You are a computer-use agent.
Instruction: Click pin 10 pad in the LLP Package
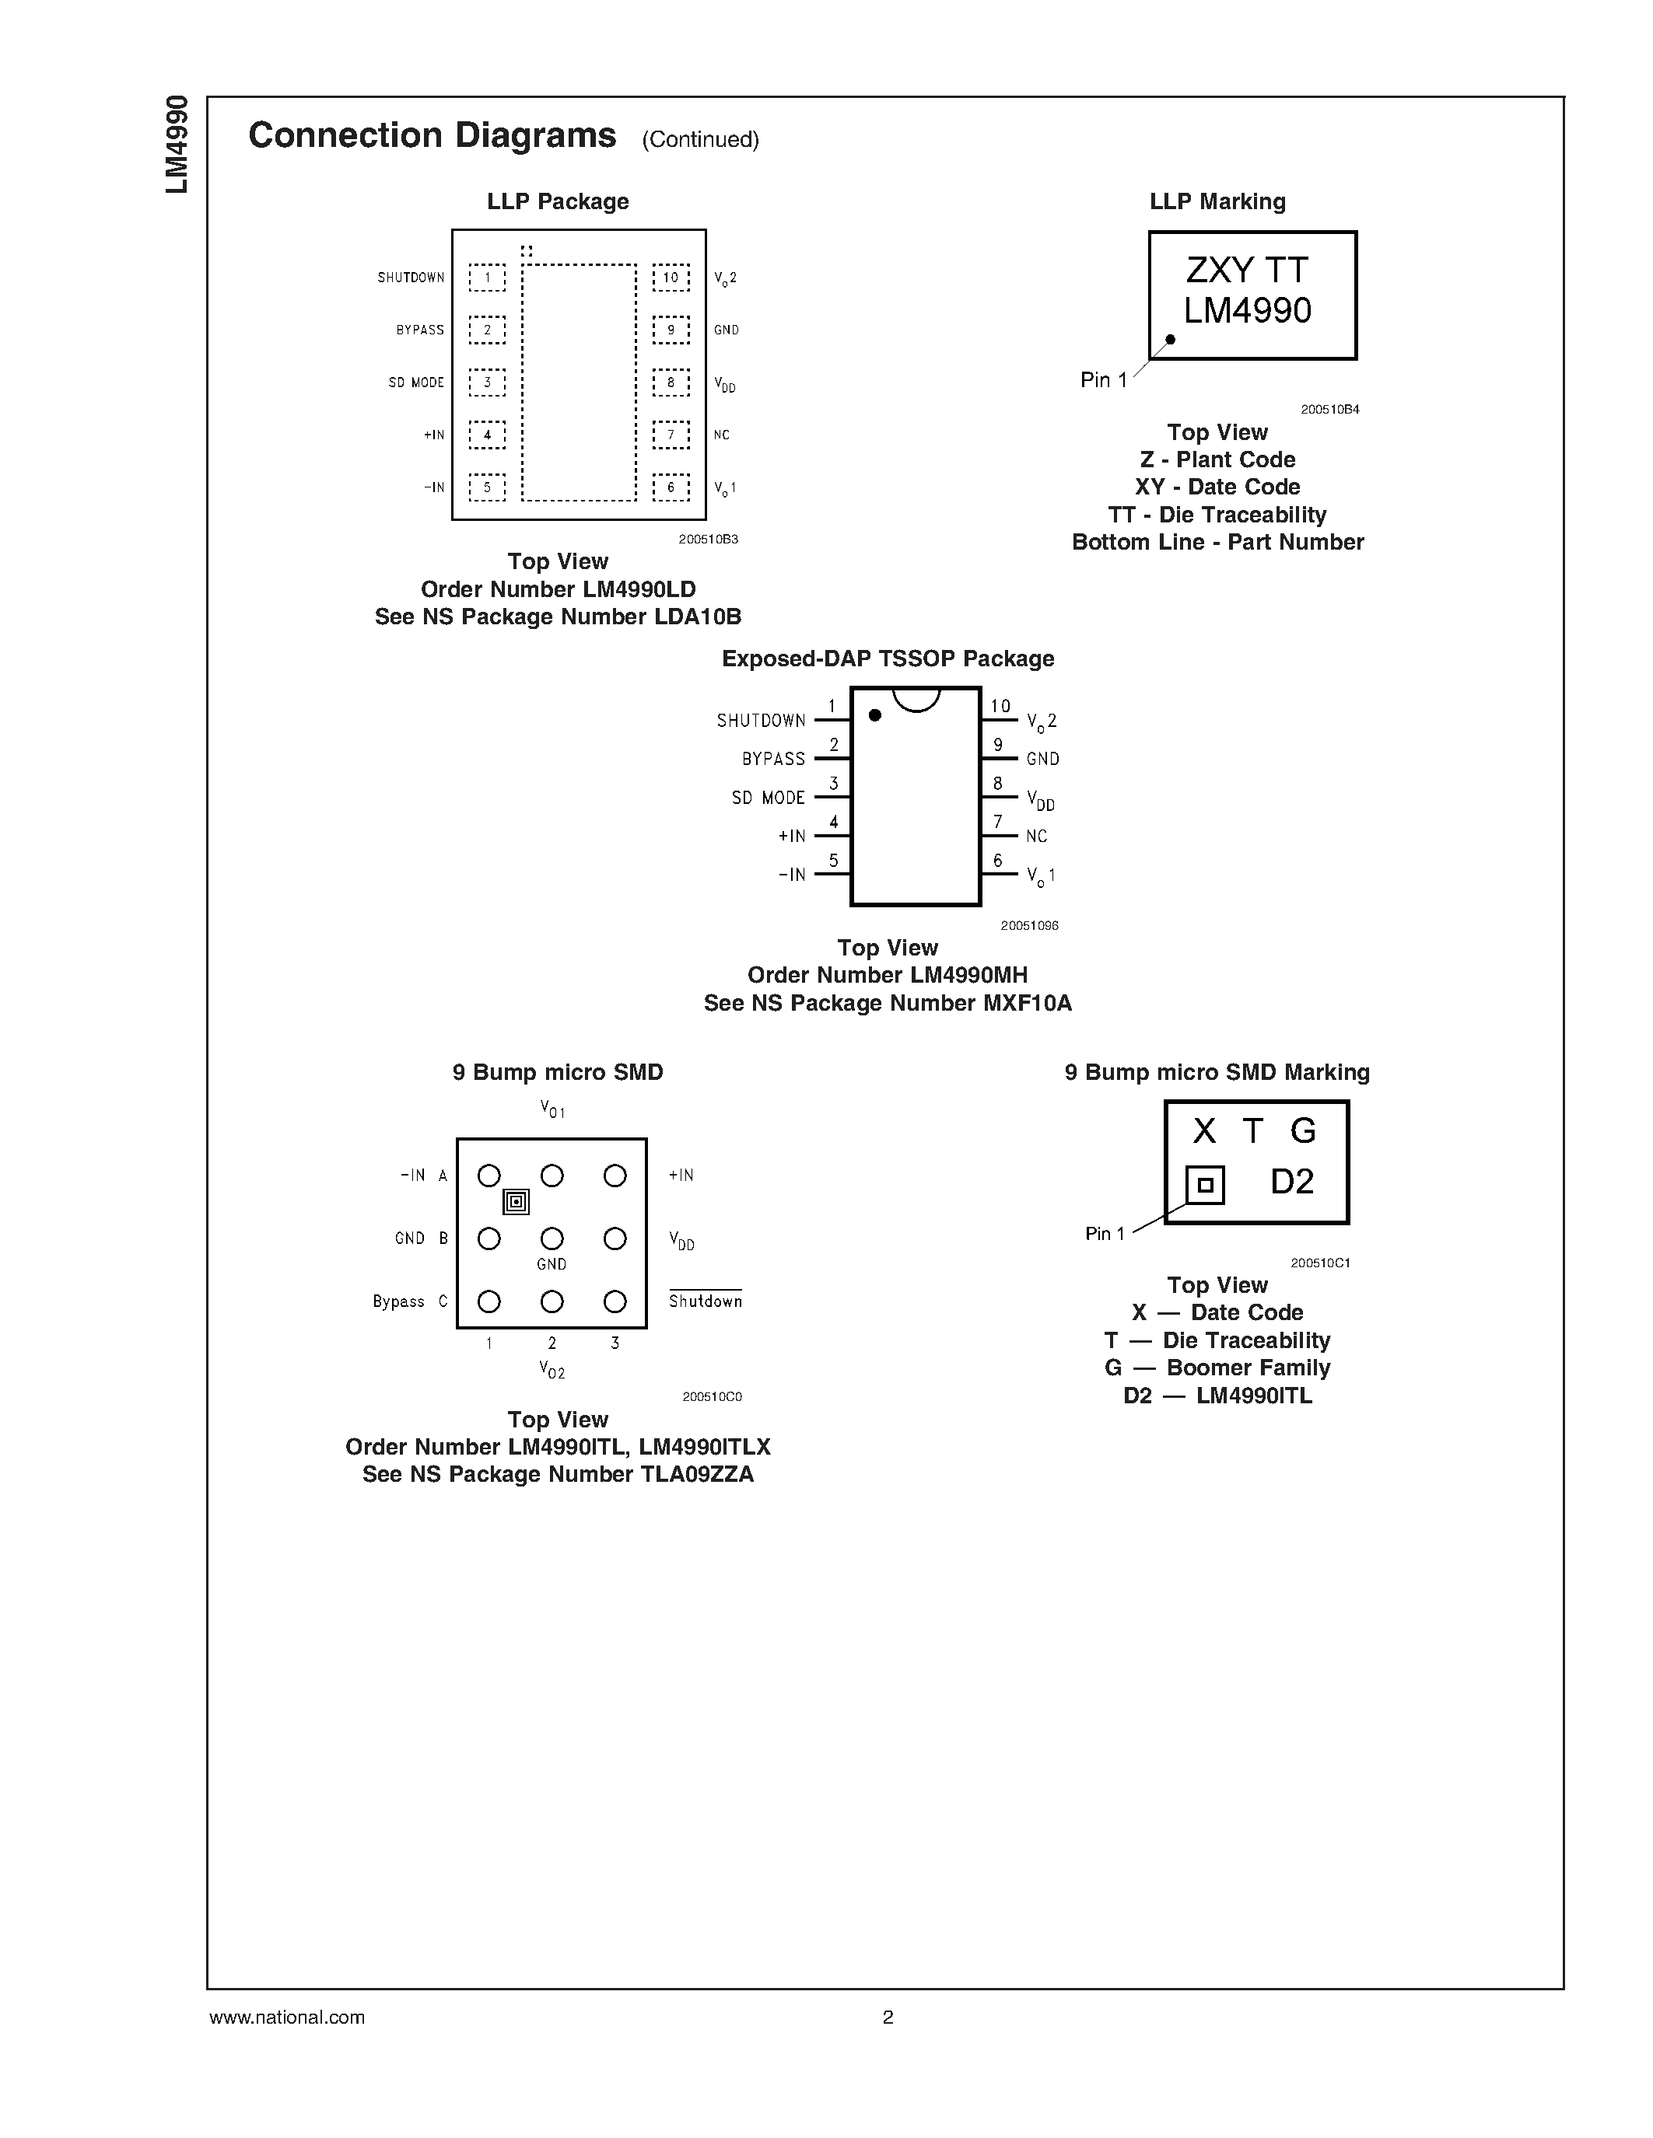pyautogui.click(x=671, y=278)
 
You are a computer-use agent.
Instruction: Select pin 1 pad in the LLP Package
pyautogui.click(x=487, y=278)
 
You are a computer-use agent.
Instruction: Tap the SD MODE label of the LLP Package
pyautogui.click(x=416, y=383)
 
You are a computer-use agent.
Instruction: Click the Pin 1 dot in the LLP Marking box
pyautogui.click(x=1170, y=340)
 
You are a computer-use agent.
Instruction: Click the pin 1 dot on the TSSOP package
pyautogui.click(x=875, y=715)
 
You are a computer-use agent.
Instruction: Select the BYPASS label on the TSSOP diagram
pyautogui.click(x=774, y=759)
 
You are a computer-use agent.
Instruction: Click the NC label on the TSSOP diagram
pyautogui.click(x=1037, y=836)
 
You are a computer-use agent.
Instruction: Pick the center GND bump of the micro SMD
pyautogui.click(x=552, y=1239)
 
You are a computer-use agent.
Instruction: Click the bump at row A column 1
pyautogui.click(x=489, y=1176)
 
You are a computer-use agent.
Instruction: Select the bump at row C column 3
pyautogui.click(x=615, y=1302)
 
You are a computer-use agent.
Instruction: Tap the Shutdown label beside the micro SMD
pyautogui.click(x=705, y=1301)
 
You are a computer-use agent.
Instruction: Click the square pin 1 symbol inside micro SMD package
pyautogui.click(x=516, y=1202)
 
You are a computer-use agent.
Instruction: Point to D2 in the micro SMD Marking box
pyautogui.click(x=1291, y=1182)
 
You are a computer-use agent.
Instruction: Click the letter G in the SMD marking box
pyautogui.click(x=1302, y=1132)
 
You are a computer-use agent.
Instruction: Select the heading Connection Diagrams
pyautogui.click(x=432, y=135)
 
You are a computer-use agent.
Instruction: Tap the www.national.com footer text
pyautogui.click(x=287, y=2017)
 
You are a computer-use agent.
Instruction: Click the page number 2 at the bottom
pyautogui.click(x=888, y=2017)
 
